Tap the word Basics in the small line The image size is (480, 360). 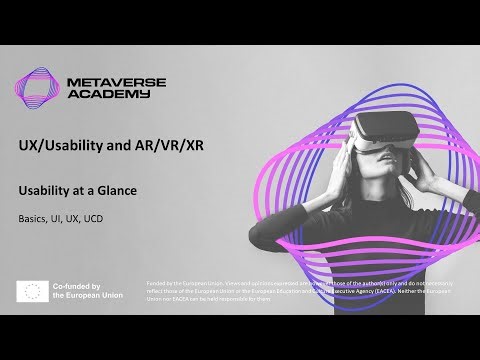[x=32, y=218]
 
